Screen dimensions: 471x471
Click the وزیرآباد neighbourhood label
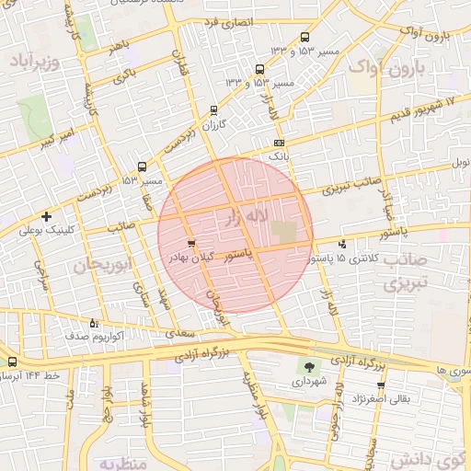[x=34, y=63]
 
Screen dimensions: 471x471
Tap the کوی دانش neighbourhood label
[x=431, y=457]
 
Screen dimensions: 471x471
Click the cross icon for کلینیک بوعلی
[x=46, y=216]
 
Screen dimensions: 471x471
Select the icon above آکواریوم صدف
[x=94, y=323]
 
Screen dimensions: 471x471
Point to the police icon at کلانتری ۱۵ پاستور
[x=342, y=245]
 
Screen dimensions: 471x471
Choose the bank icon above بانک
[x=280, y=144]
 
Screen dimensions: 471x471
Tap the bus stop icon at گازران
[x=214, y=109]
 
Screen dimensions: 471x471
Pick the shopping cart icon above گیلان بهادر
[x=190, y=243]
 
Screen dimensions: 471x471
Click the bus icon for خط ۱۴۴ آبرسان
[x=12, y=362]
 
